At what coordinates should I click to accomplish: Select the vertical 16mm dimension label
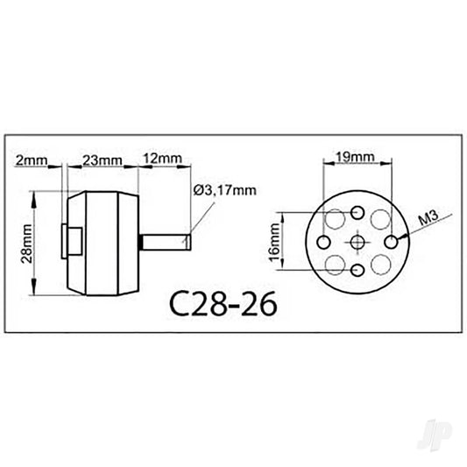pos(275,241)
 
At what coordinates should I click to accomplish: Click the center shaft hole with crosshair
pos(357,242)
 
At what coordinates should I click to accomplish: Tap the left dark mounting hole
pos(325,242)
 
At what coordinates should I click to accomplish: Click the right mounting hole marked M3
pos(391,241)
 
